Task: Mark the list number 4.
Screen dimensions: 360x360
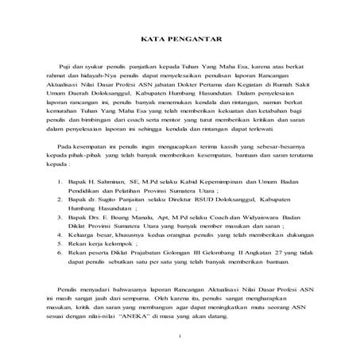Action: point(60,291)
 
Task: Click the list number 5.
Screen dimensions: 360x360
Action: point(60,302)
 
